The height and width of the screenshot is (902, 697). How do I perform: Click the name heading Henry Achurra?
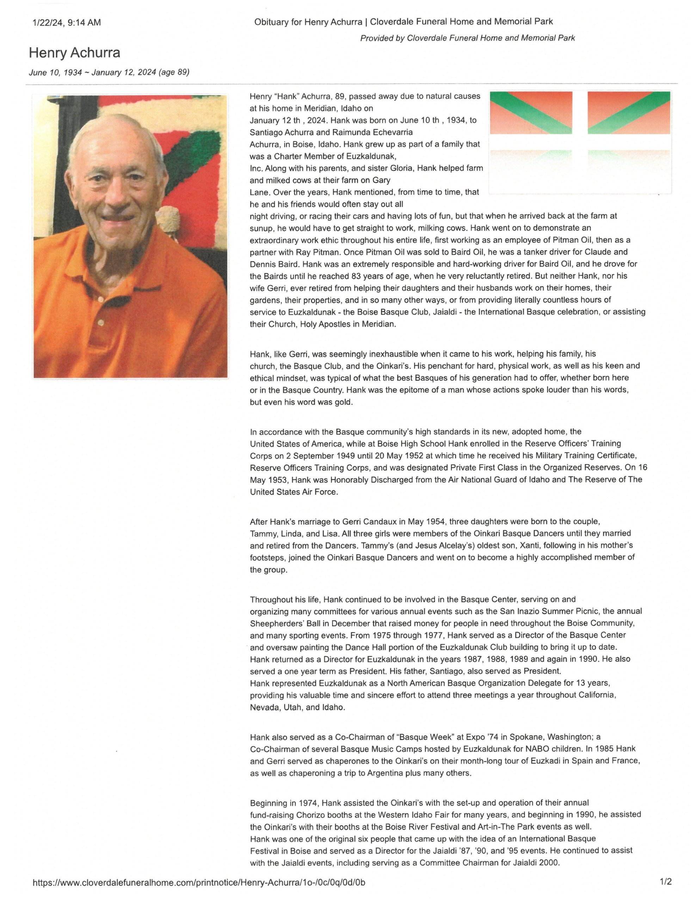click(x=74, y=53)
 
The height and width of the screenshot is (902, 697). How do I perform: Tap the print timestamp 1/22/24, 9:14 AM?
click(x=66, y=23)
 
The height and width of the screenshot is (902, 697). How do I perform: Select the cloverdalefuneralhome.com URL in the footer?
click(x=199, y=883)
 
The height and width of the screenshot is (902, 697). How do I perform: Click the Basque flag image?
click(x=580, y=142)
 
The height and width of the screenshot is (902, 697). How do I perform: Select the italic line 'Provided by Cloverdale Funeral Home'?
click(x=467, y=38)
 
